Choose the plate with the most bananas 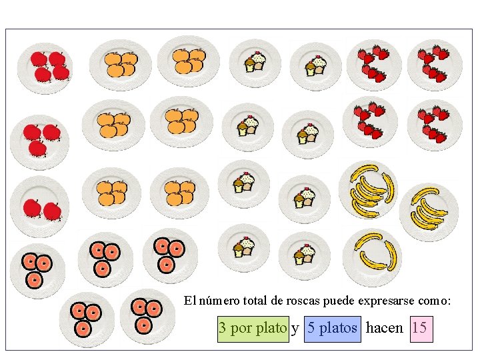368,190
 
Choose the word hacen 385,328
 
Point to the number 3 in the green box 223,328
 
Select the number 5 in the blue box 311,328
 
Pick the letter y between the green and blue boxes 295,329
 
